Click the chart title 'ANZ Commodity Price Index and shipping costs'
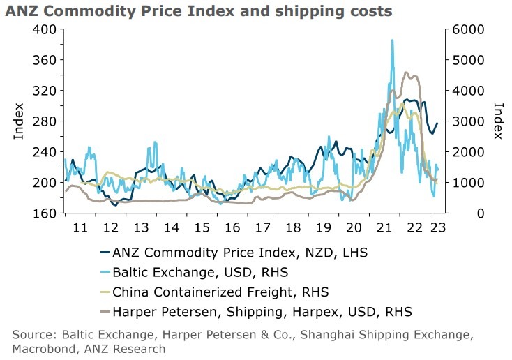(199, 11)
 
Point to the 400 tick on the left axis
(44, 29)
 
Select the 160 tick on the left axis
(44, 213)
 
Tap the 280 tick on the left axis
(44, 121)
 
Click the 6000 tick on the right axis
(460, 29)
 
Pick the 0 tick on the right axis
(451, 213)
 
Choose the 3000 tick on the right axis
(460, 121)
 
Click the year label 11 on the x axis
(80, 227)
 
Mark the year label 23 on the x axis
(437, 227)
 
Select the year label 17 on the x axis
(262, 227)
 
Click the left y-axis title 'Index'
(19, 121)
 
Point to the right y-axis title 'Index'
(498, 121)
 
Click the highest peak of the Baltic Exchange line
(392, 40)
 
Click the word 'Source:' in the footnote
(33, 334)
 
